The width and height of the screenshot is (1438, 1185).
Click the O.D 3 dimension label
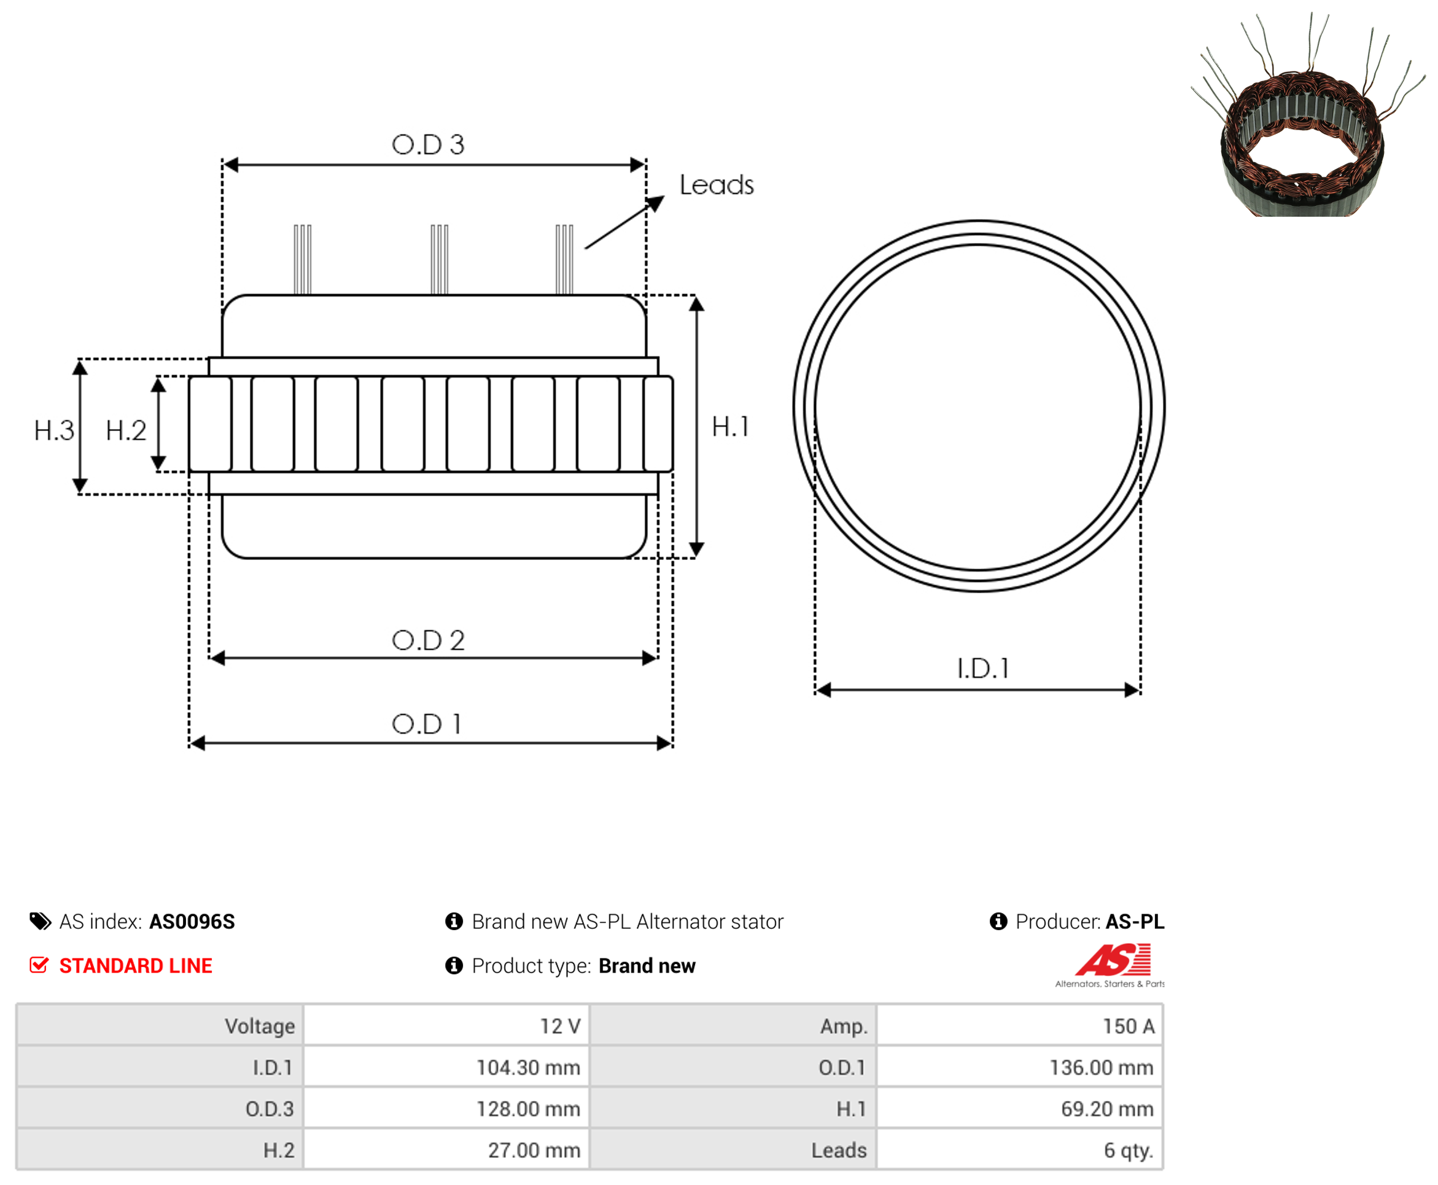[428, 144]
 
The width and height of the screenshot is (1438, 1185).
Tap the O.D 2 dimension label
[428, 640]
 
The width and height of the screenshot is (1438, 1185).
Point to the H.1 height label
[730, 427]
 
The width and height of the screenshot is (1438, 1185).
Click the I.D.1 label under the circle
[983, 668]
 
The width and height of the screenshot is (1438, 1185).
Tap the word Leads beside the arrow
[717, 185]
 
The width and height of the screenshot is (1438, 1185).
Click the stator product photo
[1307, 116]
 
